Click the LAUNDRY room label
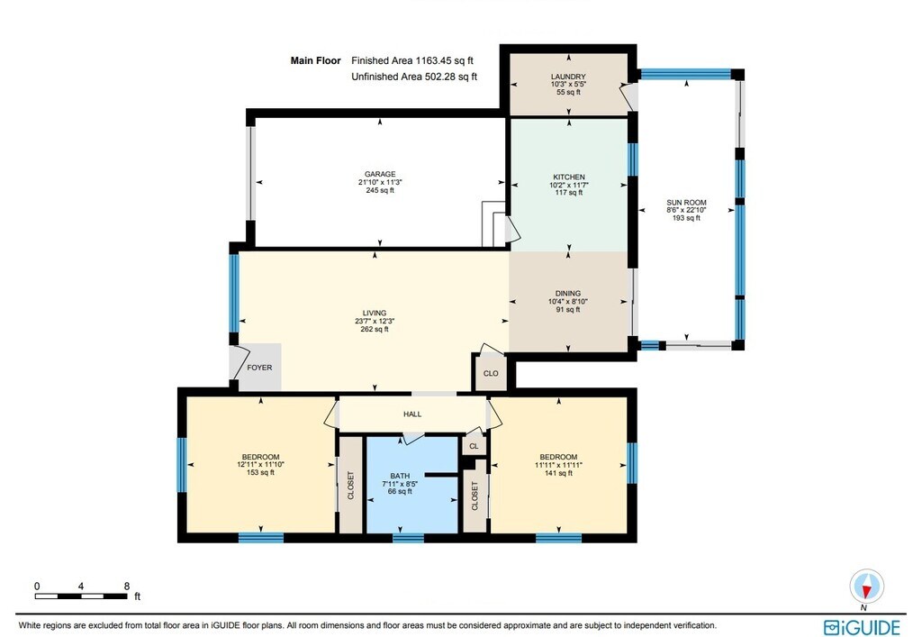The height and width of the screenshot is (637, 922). pyautogui.click(x=568, y=77)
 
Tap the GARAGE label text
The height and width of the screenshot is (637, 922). pyautogui.click(x=380, y=174)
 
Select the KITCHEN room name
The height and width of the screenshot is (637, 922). pyautogui.click(x=569, y=177)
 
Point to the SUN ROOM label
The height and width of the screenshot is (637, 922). pyautogui.click(x=686, y=203)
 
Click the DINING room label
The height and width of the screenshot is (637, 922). pyautogui.click(x=568, y=294)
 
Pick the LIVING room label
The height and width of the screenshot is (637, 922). pyautogui.click(x=375, y=314)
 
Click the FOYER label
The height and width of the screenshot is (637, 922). pyautogui.click(x=259, y=368)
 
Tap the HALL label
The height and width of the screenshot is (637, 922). pyautogui.click(x=412, y=414)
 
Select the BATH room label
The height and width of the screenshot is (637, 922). pyautogui.click(x=400, y=476)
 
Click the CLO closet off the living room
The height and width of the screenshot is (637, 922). pyautogui.click(x=491, y=374)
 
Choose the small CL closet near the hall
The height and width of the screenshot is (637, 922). pyautogui.click(x=474, y=446)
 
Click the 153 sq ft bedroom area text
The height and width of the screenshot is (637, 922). pyautogui.click(x=260, y=472)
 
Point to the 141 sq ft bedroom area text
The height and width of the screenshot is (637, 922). pyautogui.click(x=558, y=472)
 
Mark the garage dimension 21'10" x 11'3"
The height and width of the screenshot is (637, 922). pyautogui.click(x=380, y=182)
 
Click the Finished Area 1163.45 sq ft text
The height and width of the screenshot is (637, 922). pyautogui.click(x=412, y=60)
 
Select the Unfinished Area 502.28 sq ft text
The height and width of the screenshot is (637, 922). pyautogui.click(x=414, y=77)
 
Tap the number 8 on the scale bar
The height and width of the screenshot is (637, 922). pyautogui.click(x=126, y=587)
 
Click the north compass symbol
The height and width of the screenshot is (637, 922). pyautogui.click(x=866, y=587)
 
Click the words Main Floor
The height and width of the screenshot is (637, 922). pyautogui.click(x=316, y=60)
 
